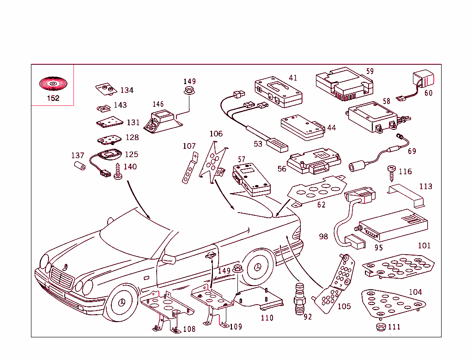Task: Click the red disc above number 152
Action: pos(53,84)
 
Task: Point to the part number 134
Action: pos(127,90)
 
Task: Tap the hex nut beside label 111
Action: pos(380,327)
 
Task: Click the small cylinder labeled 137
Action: pos(80,166)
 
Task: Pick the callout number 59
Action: pos(370,71)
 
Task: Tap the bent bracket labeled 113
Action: pos(406,194)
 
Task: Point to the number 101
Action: pos(424,245)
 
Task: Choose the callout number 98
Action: pos(323,236)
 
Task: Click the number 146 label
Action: pos(158,104)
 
